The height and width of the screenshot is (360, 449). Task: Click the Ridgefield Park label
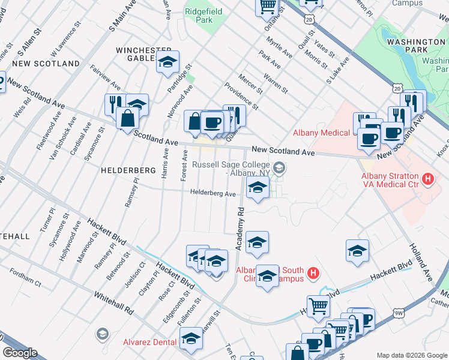203,16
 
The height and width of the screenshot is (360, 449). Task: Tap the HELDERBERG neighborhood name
124,170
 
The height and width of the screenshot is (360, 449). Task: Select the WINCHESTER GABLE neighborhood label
140,53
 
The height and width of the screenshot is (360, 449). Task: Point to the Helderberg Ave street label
213,193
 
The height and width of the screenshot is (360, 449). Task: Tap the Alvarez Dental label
150,343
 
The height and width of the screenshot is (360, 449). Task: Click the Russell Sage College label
231,168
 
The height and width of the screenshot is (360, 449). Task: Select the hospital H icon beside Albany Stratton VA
427,178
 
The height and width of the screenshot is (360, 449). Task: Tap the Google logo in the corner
20,353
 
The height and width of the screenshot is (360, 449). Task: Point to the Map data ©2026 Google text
411,355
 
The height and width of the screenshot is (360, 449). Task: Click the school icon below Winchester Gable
167,61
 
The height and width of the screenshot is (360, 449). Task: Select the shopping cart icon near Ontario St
267,7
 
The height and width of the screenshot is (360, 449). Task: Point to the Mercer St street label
251,83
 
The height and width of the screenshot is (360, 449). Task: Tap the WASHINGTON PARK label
408,41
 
